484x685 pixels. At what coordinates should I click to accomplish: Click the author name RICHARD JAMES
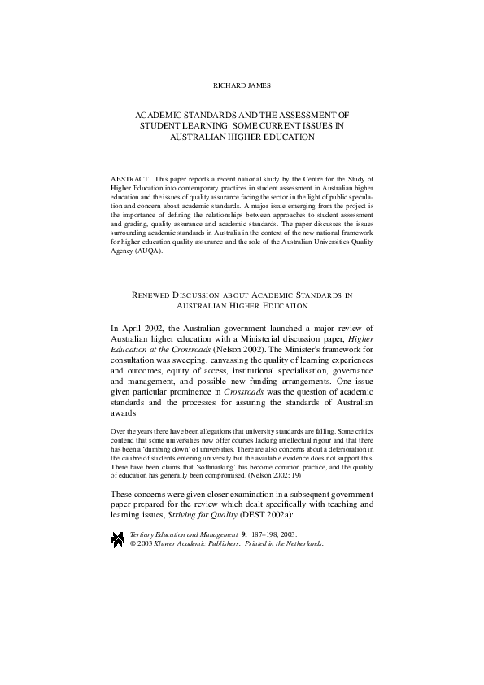click(242, 83)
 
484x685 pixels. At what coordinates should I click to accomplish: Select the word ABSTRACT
click(127, 177)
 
